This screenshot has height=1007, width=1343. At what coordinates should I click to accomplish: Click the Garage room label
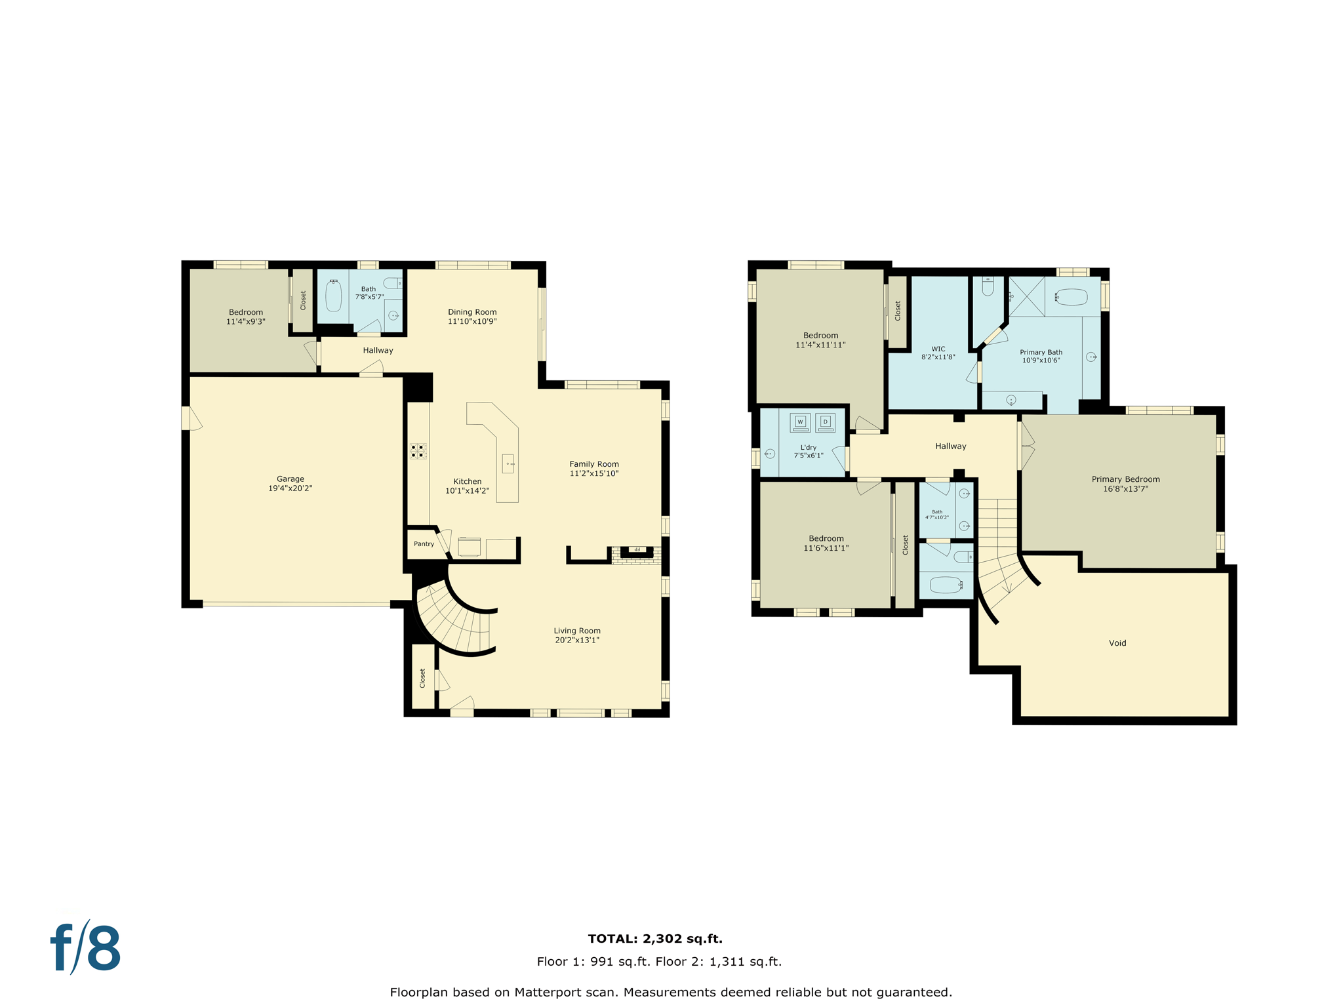pyautogui.click(x=290, y=479)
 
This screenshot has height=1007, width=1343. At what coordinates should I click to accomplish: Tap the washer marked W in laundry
pyautogui.click(x=800, y=422)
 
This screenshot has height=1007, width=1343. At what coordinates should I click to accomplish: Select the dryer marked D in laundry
pyautogui.click(x=826, y=422)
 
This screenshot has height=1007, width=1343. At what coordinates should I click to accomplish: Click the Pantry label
pyautogui.click(x=424, y=543)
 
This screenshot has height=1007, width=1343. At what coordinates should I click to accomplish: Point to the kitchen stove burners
pyautogui.click(x=418, y=450)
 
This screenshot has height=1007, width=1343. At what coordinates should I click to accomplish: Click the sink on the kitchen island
pyautogui.click(x=508, y=464)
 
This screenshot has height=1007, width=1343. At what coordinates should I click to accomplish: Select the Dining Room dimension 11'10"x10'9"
pyautogui.click(x=472, y=321)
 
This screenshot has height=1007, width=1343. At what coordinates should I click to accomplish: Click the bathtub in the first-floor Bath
pyautogui.click(x=334, y=296)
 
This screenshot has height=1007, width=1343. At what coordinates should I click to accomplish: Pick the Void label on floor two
pyautogui.click(x=1117, y=643)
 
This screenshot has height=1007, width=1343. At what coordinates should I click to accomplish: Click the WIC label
pyautogui.click(x=938, y=349)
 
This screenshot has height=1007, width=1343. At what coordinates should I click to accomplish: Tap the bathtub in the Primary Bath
pyautogui.click(x=1072, y=297)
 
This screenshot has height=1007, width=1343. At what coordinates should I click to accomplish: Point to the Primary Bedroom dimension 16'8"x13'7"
pyautogui.click(x=1125, y=488)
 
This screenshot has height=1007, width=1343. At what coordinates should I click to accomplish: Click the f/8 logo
pyautogui.click(x=86, y=948)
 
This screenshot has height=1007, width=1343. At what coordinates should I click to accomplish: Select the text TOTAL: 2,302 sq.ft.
pyautogui.click(x=655, y=939)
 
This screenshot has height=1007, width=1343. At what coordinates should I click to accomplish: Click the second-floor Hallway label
pyautogui.click(x=950, y=446)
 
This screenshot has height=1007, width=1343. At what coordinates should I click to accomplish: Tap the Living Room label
pyautogui.click(x=577, y=631)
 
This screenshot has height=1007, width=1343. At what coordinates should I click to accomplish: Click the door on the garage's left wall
pyautogui.click(x=187, y=418)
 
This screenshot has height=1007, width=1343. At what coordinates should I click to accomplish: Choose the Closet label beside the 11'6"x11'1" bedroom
pyautogui.click(x=905, y=545)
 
